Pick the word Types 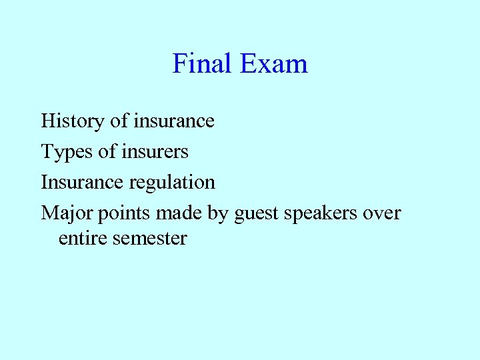pyautogui.click(x=67, y=153)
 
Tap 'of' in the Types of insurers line pyautogui.click(x=107, y=152)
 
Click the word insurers pyautogui.click(x=155, y=152)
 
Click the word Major pyautogui.click(x=68, y=213)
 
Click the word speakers pyautogui.click(x=322, y=214)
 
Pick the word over pyautogui.click(x=382, y=214)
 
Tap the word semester pyautogui.click(x=149, y=238)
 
